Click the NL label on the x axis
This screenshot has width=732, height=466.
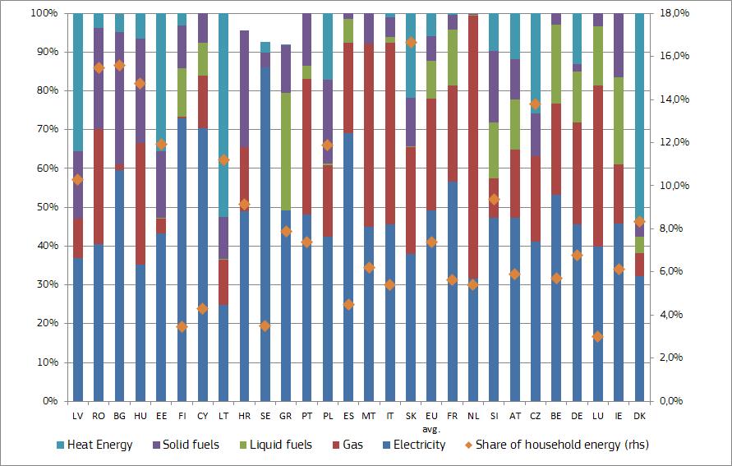pyautogui.click(x=473, y=417)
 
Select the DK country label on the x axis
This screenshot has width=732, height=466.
pyautogui.click(x=639, y=417)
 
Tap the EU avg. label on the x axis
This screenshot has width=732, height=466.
pyautogui.click(x=431, y=422)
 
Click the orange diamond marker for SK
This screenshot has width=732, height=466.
pyautogui.click(x=411, y=42)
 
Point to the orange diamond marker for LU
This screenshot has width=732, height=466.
pyautogui.click(x=598, y=336)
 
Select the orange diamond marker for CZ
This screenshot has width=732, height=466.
pyautogui.click(x=536, y=104)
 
